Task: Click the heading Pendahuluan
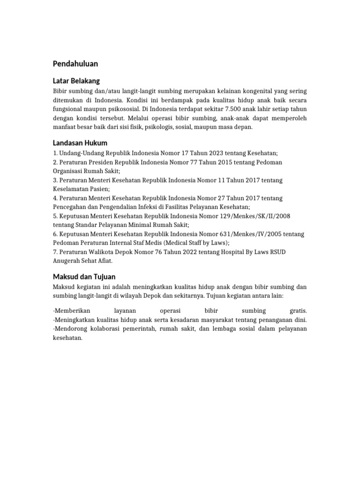pos(75,64)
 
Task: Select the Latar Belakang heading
pos(76,81)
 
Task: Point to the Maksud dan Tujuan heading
pos(84,277)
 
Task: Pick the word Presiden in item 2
pos(100,162)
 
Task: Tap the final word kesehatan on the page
pos(67,337)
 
